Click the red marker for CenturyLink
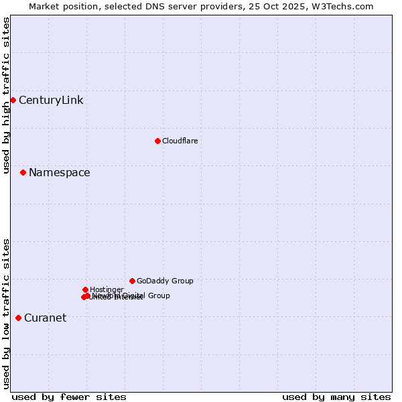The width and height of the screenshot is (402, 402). click(13, 100)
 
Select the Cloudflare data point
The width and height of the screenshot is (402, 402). click(157, 141)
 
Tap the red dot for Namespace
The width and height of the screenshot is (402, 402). click(23, 172)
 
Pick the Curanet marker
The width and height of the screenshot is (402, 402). click(18, 318)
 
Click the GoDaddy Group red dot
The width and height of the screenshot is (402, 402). click(132, 281)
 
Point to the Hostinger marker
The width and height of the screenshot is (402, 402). click(85, 289)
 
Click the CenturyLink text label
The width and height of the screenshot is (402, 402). click(51, 100)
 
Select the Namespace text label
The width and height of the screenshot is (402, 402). click(59, 173)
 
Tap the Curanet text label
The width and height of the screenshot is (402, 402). click(45, 318)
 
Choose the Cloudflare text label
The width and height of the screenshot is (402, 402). click(180, 141)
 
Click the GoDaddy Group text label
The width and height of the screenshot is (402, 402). click(165, 281)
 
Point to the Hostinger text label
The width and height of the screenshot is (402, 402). click(107, 289)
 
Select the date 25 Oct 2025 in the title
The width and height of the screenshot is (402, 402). click(281, 6)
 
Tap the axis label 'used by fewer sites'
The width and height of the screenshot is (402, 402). click(69, 397)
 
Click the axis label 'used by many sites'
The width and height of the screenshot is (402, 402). click(336, 397)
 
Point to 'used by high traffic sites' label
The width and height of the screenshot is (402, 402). click(6, 96)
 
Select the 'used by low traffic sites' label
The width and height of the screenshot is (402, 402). click(6, 314)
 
